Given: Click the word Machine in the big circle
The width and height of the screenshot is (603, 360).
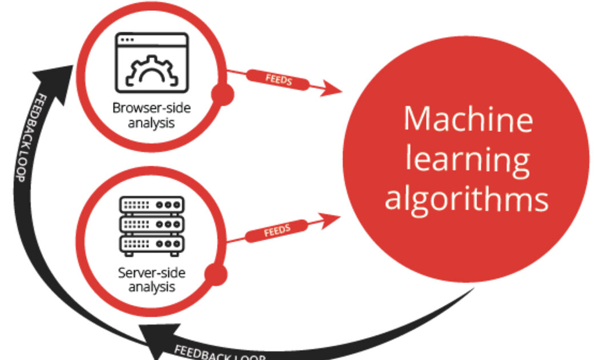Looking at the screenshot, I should pyautogui.click(x=468, y=119).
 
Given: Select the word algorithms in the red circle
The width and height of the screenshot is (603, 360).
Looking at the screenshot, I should pyautogui.click(x=467, y=199).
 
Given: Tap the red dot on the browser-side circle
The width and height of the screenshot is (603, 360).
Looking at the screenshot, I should pyautogui.click(x=222, y=95).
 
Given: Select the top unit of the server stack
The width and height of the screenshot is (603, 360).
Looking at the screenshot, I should pyautogui.click(x=151, y=204).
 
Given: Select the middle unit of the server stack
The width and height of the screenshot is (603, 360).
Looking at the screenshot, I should pyautogui.click(x=151, y=223).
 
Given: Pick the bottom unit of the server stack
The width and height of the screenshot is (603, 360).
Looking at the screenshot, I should pyautogui.click(x=151, y=243).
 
